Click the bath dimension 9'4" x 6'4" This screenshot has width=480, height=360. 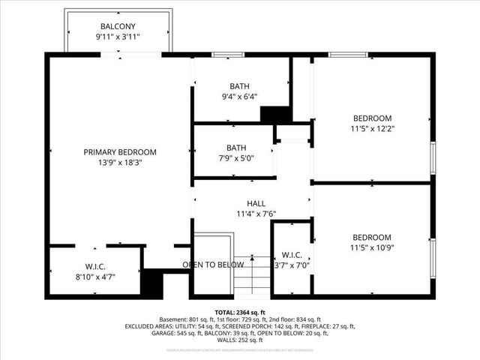239,96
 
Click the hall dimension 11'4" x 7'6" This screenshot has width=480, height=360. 256,214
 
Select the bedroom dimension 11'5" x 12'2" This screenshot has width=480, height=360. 372,128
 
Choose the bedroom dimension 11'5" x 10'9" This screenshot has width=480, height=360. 372,247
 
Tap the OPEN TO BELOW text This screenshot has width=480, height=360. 214,265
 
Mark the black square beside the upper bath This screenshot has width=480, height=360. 275,114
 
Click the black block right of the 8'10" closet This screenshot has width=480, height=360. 153,283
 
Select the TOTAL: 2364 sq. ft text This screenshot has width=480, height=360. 240,313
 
